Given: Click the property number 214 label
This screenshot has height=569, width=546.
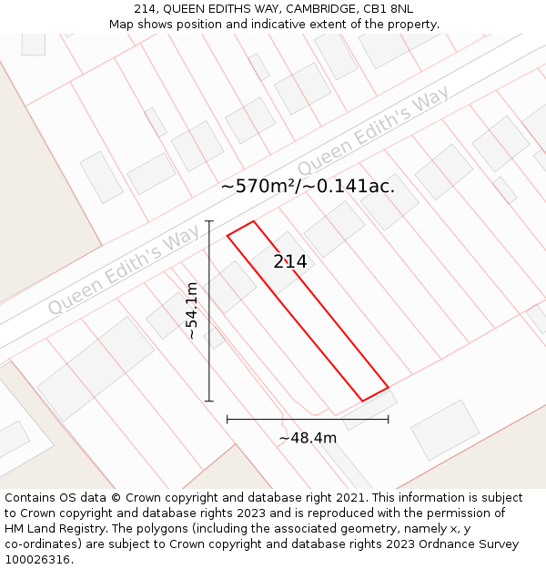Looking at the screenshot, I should (x=290, y=262).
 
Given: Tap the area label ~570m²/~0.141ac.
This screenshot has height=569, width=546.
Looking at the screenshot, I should (x=308, y=187).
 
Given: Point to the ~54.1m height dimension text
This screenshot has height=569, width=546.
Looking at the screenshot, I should (x=192, y=310).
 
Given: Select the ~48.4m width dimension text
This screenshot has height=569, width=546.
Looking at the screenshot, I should (x=308, y=438).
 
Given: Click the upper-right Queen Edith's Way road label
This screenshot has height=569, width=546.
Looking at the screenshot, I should (x=373, y=133).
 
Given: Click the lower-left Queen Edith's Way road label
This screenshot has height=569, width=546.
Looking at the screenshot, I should (x=124, y=271).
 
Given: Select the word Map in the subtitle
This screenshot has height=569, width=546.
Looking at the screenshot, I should (x=123, y=25).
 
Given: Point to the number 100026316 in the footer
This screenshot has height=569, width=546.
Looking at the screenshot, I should (x=36, y=560).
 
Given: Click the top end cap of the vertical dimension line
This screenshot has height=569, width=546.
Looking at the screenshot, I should (x=209, y=220).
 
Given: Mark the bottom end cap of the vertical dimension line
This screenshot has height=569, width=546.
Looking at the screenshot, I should (x=209, y=401).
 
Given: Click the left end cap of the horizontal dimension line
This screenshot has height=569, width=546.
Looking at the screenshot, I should (x=227, y=419).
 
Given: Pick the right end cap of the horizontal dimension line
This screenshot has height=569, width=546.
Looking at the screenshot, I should (x=389, y=419).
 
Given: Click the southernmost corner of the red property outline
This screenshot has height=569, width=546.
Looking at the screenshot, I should (x=363, y=401).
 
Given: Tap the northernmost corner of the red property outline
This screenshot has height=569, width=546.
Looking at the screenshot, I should (x=253, y=220).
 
